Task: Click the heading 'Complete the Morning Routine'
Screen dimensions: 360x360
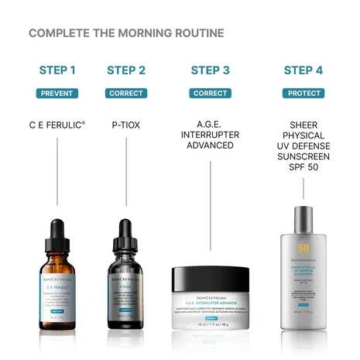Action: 126,33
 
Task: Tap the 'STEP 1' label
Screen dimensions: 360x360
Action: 57,70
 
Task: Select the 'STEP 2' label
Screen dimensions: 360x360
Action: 126,70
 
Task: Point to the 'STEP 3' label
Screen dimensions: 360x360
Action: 210,70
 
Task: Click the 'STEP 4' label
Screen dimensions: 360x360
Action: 303,70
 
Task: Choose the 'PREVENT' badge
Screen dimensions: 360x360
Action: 57,93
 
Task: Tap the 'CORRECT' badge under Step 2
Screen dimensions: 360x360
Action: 126,93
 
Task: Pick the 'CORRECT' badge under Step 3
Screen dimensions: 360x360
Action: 210,93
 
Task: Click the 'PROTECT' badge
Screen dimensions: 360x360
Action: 303,93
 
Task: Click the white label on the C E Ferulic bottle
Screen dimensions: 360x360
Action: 57,290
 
